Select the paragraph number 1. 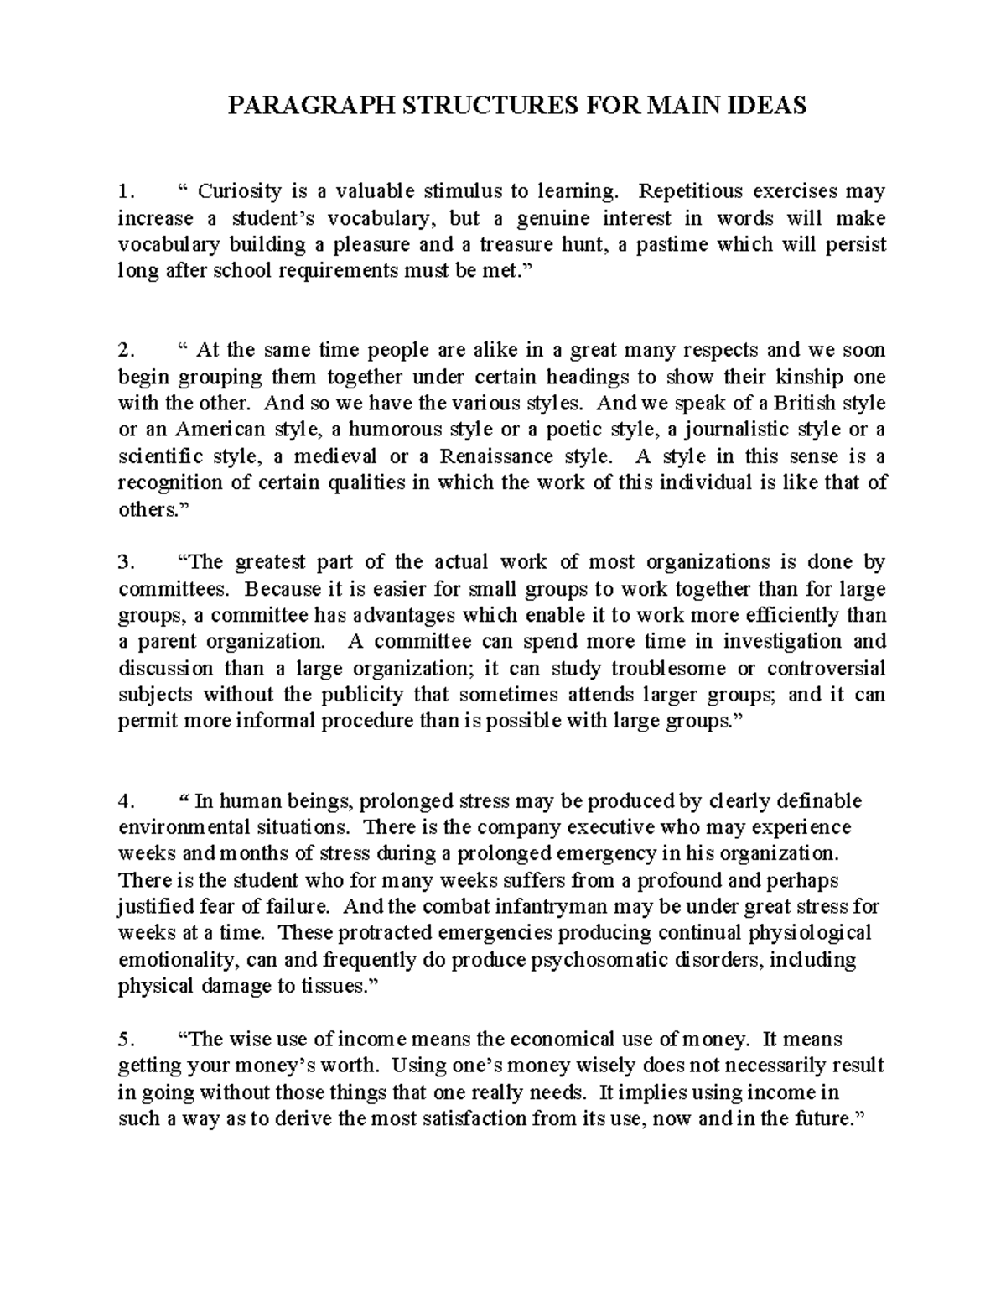tap(124, 192)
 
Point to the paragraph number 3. tap(124, 562)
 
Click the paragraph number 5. tap(124, 1040)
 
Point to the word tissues tap(333, 987)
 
